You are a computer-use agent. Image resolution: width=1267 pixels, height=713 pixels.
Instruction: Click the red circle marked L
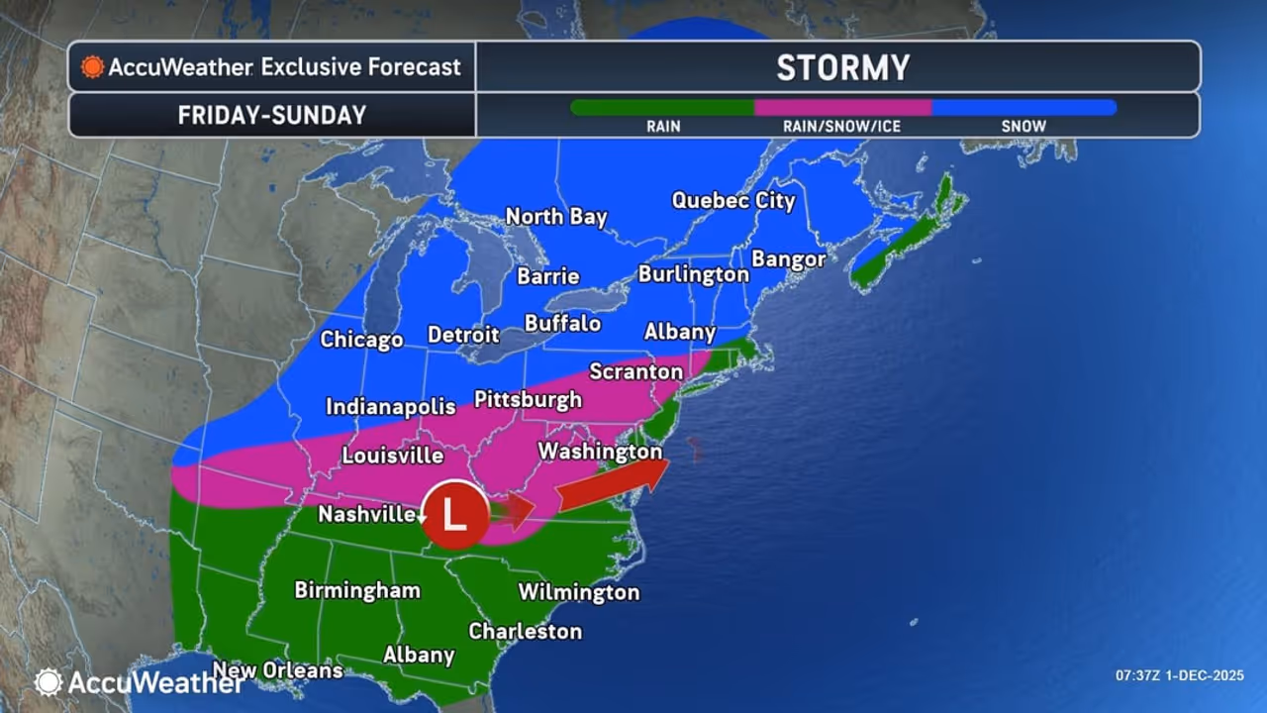tap(454, 515)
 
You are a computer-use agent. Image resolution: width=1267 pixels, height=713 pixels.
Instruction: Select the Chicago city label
tap(361, 340)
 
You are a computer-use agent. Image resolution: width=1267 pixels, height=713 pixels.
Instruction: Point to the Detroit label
tap(462, 336)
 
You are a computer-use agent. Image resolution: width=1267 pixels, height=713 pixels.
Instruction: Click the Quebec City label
tap(732, 200)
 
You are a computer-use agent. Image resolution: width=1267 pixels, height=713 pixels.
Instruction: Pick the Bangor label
tap(788, 259)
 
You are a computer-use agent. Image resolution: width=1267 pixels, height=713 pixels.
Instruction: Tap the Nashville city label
tap(366, 514)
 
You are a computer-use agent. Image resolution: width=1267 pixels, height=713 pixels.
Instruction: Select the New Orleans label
tap(277, 670)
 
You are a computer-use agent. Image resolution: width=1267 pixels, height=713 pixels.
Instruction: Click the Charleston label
tap(525, 631)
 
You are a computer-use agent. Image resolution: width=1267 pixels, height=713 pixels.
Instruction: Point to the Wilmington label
tap(578, 592)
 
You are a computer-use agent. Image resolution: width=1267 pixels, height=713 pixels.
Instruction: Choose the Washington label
tap(599, 452)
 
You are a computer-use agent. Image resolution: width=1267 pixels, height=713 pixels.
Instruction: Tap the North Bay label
tap(555, 216)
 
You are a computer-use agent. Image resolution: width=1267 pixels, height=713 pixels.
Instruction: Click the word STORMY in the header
tap(841, 67)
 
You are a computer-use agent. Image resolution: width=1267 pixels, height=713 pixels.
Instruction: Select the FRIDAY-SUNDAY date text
tap(271, 115)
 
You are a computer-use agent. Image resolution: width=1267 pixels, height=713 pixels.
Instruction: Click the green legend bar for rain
tap(662, 107)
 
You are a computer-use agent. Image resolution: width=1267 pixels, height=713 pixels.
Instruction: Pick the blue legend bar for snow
tap(1023, 107)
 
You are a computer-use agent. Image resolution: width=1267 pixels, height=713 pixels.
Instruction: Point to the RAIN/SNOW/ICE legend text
tap(841, 126)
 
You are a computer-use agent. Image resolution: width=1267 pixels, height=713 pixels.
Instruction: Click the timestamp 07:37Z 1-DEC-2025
tap(1178, 675)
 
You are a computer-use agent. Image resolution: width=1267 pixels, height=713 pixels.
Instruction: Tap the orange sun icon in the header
tap(93, 67)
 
